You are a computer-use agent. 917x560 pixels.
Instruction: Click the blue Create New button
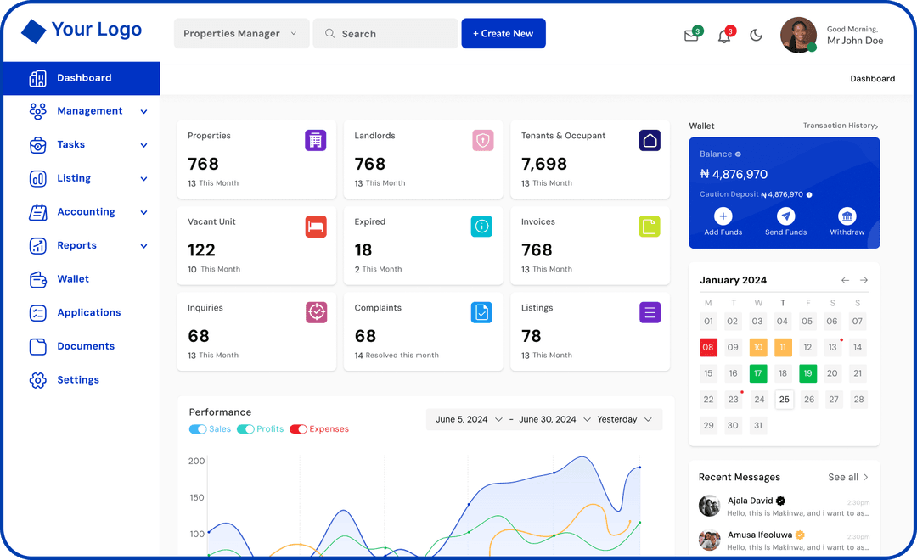pyautogui.click(x=504, y=34)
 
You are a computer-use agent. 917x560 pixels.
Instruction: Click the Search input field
pyautogui.click(x=385, y=34)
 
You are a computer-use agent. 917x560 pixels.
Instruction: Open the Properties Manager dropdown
pyautogui.click(x=240, y=34)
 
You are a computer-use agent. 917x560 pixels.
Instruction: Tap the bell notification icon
pyautogui.click(x=724, y=36)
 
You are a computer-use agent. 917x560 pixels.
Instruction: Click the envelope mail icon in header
pyautogui.click(x=691, y=36)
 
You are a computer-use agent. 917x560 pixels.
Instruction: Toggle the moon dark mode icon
pyautogui.click(x=756, y=36)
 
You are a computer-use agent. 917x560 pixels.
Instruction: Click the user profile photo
pyautogui.click(x=798, y=36)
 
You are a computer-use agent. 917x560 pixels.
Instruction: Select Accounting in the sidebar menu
pyautogui.click(x=86, y=212)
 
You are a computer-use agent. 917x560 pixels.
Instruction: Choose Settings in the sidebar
pyautogui.click(x=78, y=380)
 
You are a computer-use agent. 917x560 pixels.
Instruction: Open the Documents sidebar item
pyautogui.click(x=85, y=346)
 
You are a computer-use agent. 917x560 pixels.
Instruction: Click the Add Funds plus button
pyautogui.click(x=723, y=216)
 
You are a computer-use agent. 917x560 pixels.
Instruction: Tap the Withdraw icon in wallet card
pyautogui.click(x=847, y=216)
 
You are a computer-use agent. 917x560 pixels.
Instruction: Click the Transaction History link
pyautogui.click(x=840, y=126)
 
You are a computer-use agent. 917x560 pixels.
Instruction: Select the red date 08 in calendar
pyautogui.click(x=708, y=347)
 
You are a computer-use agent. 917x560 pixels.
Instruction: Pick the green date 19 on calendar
pyautogui.click(x=807, y=373)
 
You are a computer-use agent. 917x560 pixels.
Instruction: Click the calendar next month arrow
pyautogui.click(x=864, y=280)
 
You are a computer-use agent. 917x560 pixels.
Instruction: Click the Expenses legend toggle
pyautogui.click(x=299, y=429)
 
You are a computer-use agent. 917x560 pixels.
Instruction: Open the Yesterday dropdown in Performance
pyautogui.click(x=624, y=419)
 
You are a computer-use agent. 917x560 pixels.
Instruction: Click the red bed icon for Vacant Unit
pyautogui.click(x=316, y=227)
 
